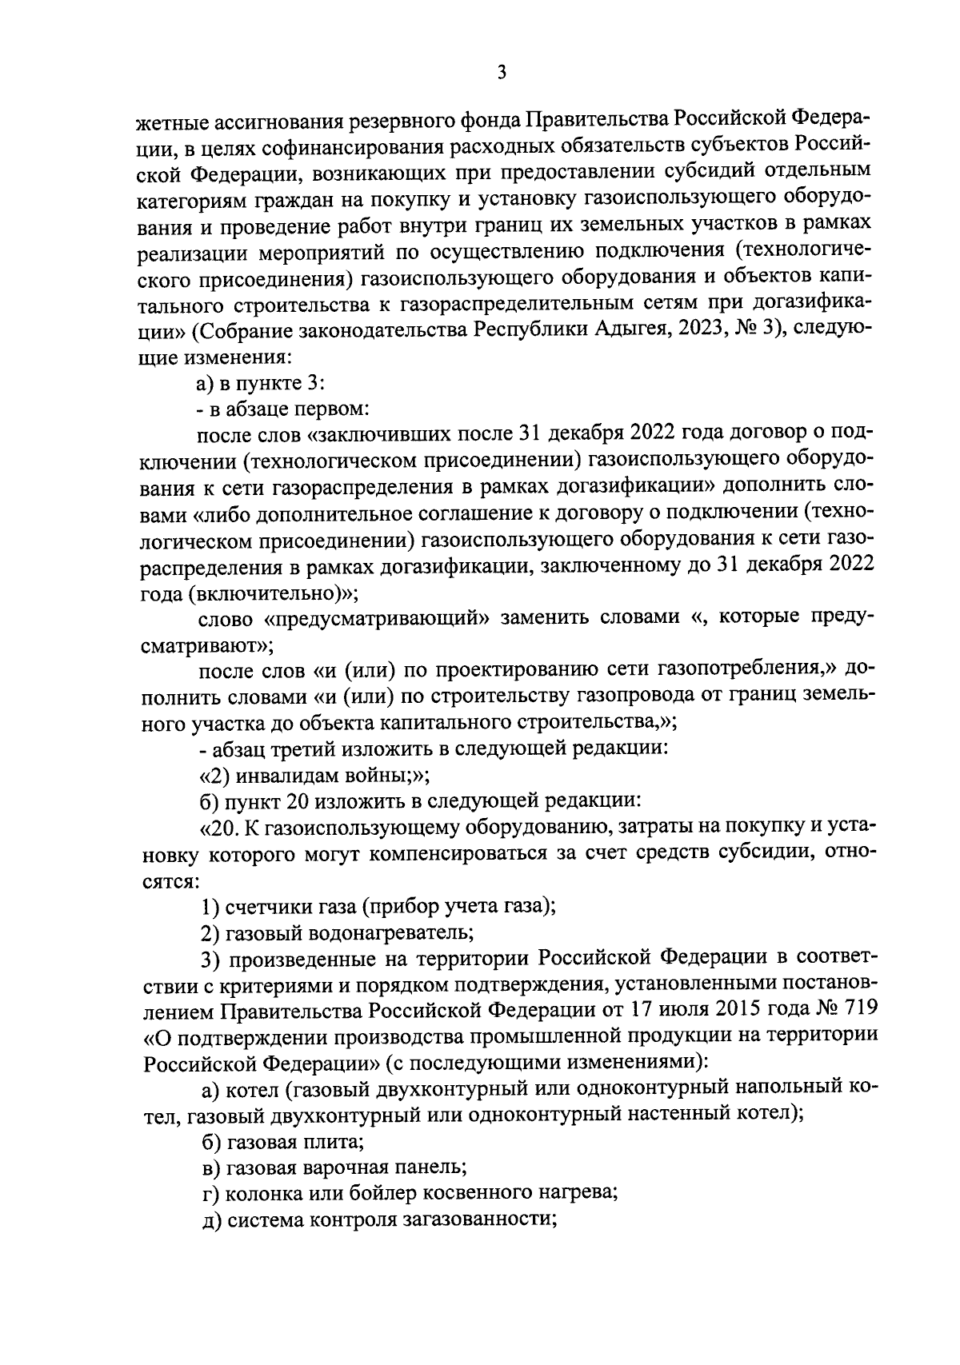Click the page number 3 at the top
point(502,73)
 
